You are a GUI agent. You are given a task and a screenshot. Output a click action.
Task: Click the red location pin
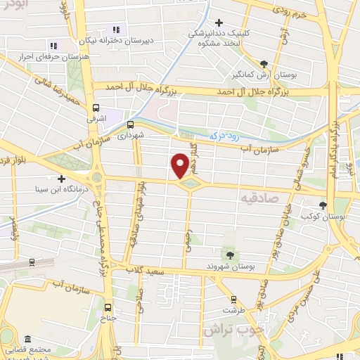coord(180,166)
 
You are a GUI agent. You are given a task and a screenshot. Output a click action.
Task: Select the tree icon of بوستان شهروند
coord(230,254)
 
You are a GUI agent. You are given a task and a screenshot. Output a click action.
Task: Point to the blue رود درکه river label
coord(225,134)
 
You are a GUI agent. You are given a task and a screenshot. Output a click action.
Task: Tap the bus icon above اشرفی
coord(96,108)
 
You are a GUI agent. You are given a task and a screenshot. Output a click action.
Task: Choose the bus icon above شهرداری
coord(129,124)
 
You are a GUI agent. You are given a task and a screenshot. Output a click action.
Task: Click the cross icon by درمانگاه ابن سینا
coord(61,179)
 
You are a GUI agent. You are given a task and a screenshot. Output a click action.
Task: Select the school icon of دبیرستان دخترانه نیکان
coord(117,30)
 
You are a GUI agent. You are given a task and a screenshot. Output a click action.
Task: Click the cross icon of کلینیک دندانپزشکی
coord(220,24)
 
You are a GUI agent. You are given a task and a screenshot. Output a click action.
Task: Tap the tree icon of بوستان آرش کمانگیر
coord(264,63)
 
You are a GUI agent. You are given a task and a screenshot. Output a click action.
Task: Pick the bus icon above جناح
coord(108,307)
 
